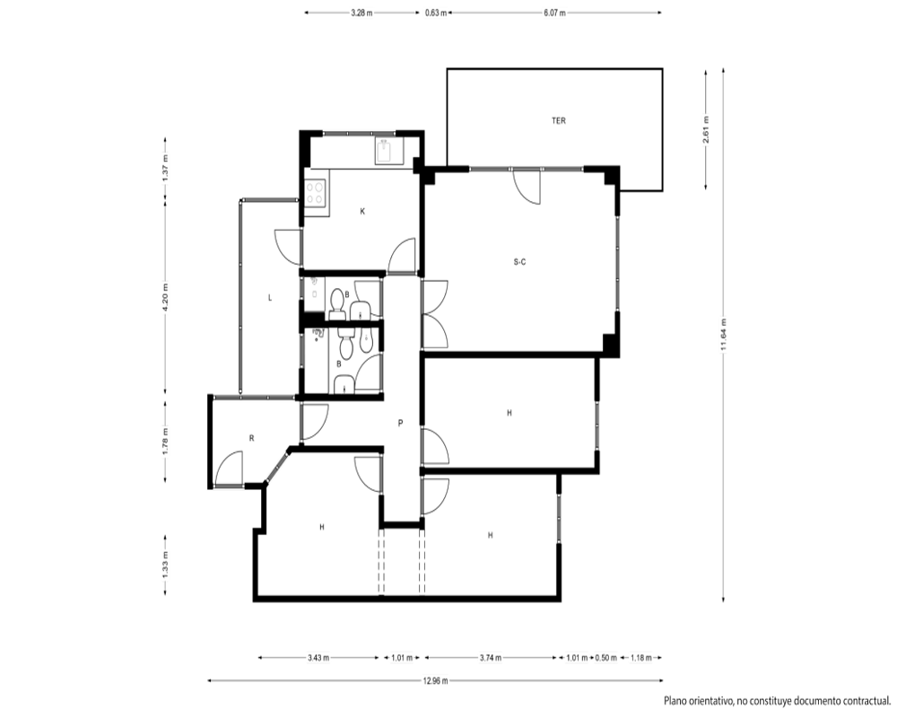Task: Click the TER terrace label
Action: coord(558,121)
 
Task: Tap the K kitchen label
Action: coord(362,211)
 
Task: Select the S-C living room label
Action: coord(519,262)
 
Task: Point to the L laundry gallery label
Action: coord(270,298)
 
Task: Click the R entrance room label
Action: coord(252,438)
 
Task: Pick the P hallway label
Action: coord(400,423)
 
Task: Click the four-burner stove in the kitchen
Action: coord(315,192)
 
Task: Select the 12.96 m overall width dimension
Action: coord(435,681)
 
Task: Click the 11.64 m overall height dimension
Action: coord(724,335)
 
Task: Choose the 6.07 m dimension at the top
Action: coord(554,13)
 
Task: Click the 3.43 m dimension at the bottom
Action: coord(318,658)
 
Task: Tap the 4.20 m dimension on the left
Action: coord(166,298)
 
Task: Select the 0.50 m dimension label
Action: coord(605,658)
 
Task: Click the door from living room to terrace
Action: coord(527,186)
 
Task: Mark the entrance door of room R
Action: coord(228,469)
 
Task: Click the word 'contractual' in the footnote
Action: coord(862,701)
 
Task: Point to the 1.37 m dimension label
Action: coord(166,169)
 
